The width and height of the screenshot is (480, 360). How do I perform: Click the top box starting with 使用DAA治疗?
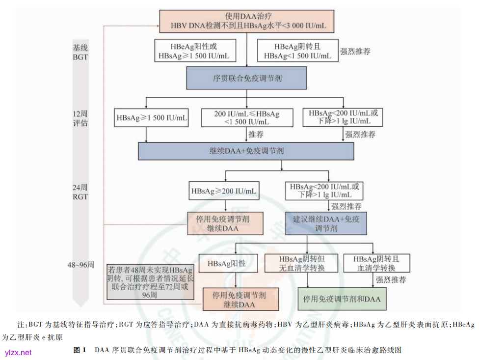245,20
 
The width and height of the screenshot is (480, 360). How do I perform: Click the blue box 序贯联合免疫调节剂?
246,78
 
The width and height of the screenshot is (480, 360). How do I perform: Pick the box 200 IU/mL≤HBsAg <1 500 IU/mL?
246,118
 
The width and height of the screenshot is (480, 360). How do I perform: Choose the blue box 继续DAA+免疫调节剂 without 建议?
246,151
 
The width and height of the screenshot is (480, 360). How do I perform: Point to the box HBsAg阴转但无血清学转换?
302,264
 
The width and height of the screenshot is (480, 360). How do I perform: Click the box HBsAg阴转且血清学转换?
376,264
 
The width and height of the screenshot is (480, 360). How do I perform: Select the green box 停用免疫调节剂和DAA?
342,299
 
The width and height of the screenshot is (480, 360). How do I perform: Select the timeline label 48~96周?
81,265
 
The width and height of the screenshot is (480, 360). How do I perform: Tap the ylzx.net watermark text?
18,352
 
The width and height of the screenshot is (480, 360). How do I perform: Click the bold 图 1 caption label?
80,350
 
